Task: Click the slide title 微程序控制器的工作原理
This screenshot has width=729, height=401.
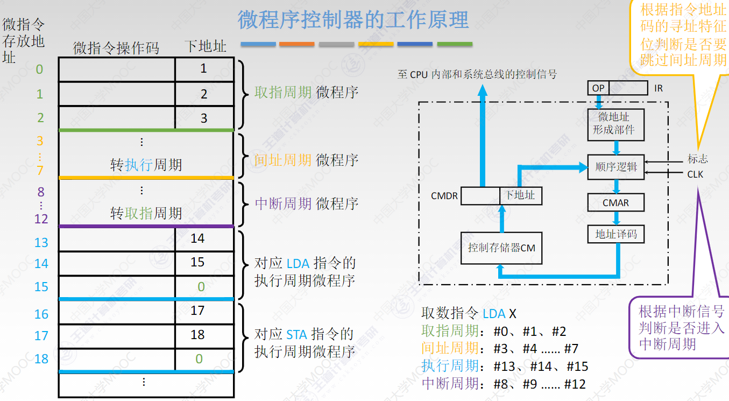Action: (353, 20)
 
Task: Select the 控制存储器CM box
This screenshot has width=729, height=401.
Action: (501, 248)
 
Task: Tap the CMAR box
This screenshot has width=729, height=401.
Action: (615, 203)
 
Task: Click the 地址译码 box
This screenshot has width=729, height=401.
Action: (615, 234)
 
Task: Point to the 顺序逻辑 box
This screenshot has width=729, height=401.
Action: (615, 167)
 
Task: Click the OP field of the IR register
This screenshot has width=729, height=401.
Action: (598, 88)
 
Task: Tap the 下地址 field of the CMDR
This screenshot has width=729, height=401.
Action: (520, 195)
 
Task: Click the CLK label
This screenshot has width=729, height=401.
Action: (695, 174)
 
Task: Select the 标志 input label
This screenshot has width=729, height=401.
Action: (697, 159)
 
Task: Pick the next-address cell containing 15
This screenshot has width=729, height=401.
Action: (197, 262)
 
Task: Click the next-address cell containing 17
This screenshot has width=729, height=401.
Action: (197, 311)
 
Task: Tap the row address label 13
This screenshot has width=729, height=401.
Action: (41, 243)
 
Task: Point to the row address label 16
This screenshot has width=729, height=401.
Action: (41, 314)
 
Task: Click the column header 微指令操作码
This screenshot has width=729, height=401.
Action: (116, 48)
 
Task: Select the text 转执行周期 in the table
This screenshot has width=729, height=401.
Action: (146, 165)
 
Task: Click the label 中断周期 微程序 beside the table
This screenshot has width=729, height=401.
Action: (306, 203)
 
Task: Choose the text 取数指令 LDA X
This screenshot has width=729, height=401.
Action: (469, 313)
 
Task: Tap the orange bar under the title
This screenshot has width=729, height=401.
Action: (297, 44)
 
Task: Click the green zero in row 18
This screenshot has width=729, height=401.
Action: (199, 359)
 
